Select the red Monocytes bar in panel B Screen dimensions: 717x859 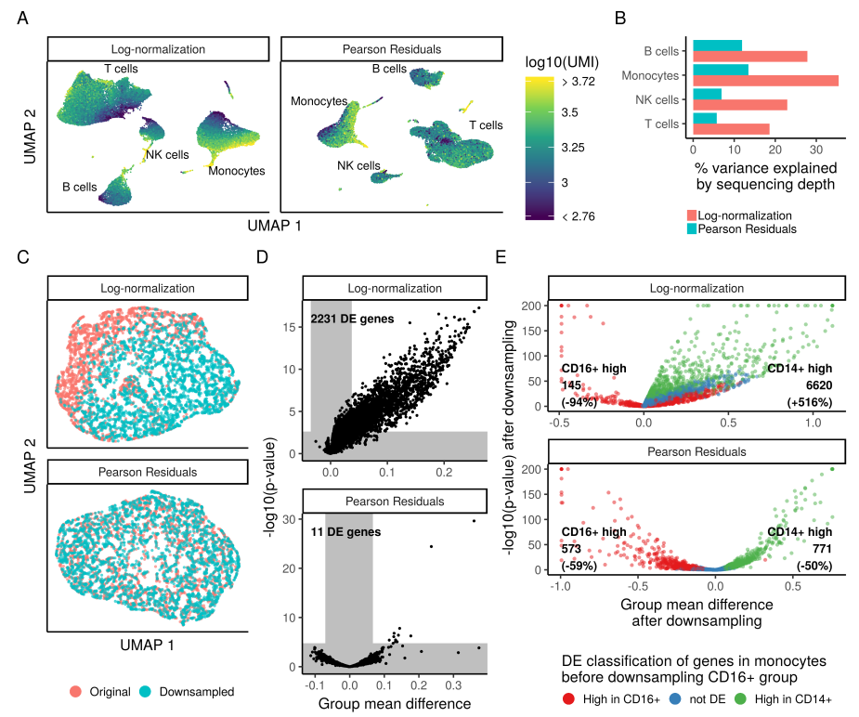tap(765, 81)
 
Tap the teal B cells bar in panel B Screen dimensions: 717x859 tap(717, 46)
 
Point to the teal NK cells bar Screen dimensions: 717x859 tap(707, 94)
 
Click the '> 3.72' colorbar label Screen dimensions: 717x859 tap(580, 82)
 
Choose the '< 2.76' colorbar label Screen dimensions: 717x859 tap(580, 216)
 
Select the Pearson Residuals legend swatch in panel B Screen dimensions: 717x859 tap(692, 228)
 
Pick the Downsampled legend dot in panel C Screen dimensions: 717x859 tap(146, 692)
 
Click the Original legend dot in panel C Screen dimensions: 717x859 tap(75, 692)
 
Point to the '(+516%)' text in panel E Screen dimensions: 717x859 tap(808, 402)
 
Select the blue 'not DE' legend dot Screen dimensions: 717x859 tap(675, 697)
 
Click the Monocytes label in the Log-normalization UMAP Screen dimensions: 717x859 tap(237, 171)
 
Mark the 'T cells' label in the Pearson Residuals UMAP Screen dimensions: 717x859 tap(486, 124)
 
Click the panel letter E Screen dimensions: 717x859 tap(502, 256)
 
